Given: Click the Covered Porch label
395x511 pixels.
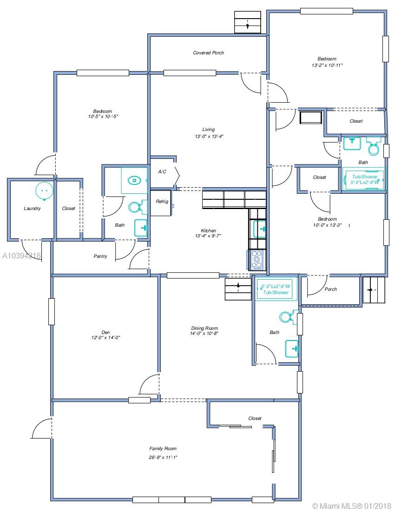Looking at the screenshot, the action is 209,53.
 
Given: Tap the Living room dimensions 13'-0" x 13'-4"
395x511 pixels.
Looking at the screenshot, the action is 209,137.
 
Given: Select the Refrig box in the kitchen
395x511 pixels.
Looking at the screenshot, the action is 161,203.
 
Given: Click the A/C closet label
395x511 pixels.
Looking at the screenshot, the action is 162,172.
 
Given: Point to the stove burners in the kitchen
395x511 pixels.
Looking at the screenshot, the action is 257,260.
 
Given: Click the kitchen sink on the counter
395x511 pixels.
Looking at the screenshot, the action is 259,229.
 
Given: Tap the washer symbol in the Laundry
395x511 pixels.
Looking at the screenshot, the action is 44,190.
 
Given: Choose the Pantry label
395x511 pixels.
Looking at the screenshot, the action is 100,256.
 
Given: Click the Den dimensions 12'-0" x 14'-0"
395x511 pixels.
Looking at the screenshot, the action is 105,338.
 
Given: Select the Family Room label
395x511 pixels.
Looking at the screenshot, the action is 163,449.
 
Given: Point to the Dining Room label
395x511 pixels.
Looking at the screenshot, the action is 204,328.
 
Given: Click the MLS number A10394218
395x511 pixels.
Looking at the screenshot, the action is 21,256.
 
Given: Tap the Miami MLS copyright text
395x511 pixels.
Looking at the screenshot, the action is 352,506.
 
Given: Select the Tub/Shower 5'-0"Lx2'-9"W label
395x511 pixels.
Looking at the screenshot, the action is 276,289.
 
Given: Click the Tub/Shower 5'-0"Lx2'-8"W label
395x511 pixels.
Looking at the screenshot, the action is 365,179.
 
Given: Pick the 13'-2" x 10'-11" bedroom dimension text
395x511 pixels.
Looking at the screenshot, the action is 327,65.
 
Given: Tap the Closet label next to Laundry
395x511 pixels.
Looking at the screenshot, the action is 68,208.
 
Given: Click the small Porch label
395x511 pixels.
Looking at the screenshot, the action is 331,289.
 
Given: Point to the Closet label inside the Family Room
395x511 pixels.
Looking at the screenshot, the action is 255,418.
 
